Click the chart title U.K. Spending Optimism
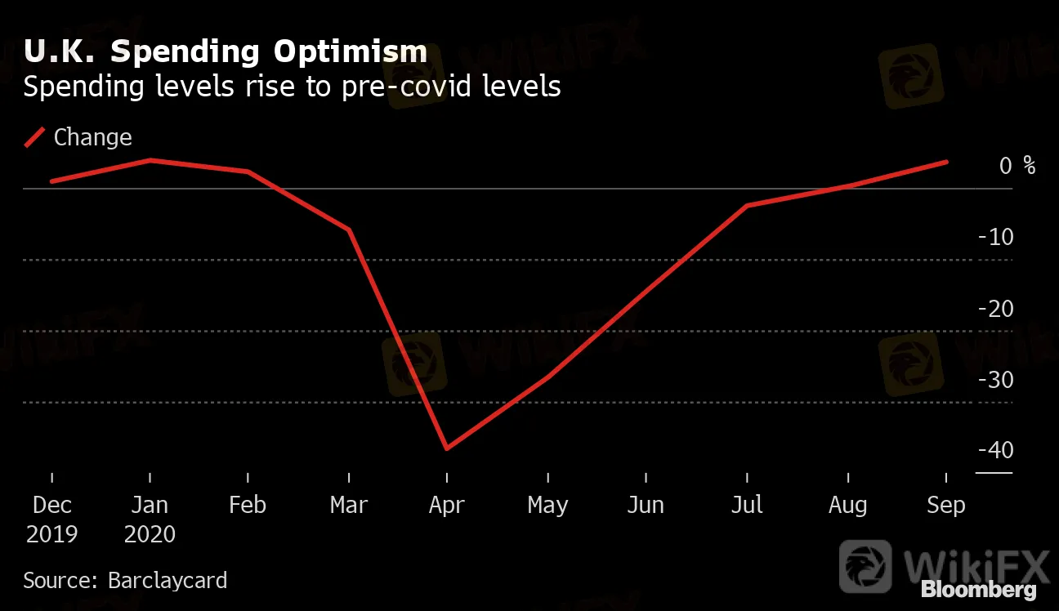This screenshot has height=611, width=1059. [225, 51]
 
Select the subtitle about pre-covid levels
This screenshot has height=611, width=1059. [292, 87]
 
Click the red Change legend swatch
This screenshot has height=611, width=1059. [35, 137]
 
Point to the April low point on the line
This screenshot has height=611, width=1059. [447, 448]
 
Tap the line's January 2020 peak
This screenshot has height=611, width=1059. [150, 160]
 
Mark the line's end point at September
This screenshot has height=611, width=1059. [947, 162]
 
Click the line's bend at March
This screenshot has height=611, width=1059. [350, 230]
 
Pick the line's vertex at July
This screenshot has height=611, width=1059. [747, 205]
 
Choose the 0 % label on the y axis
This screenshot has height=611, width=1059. [1017, 166]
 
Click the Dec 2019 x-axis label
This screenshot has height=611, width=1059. [51, 520]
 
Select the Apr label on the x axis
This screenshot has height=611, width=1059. [447, 506]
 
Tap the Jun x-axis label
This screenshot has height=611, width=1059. [646, 506]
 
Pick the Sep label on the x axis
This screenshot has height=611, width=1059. [946, 506]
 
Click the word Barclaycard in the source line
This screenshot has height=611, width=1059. [168, 581]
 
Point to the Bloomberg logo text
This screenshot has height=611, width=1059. [978, 590]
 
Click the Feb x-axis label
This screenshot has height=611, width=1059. [248, 505]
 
